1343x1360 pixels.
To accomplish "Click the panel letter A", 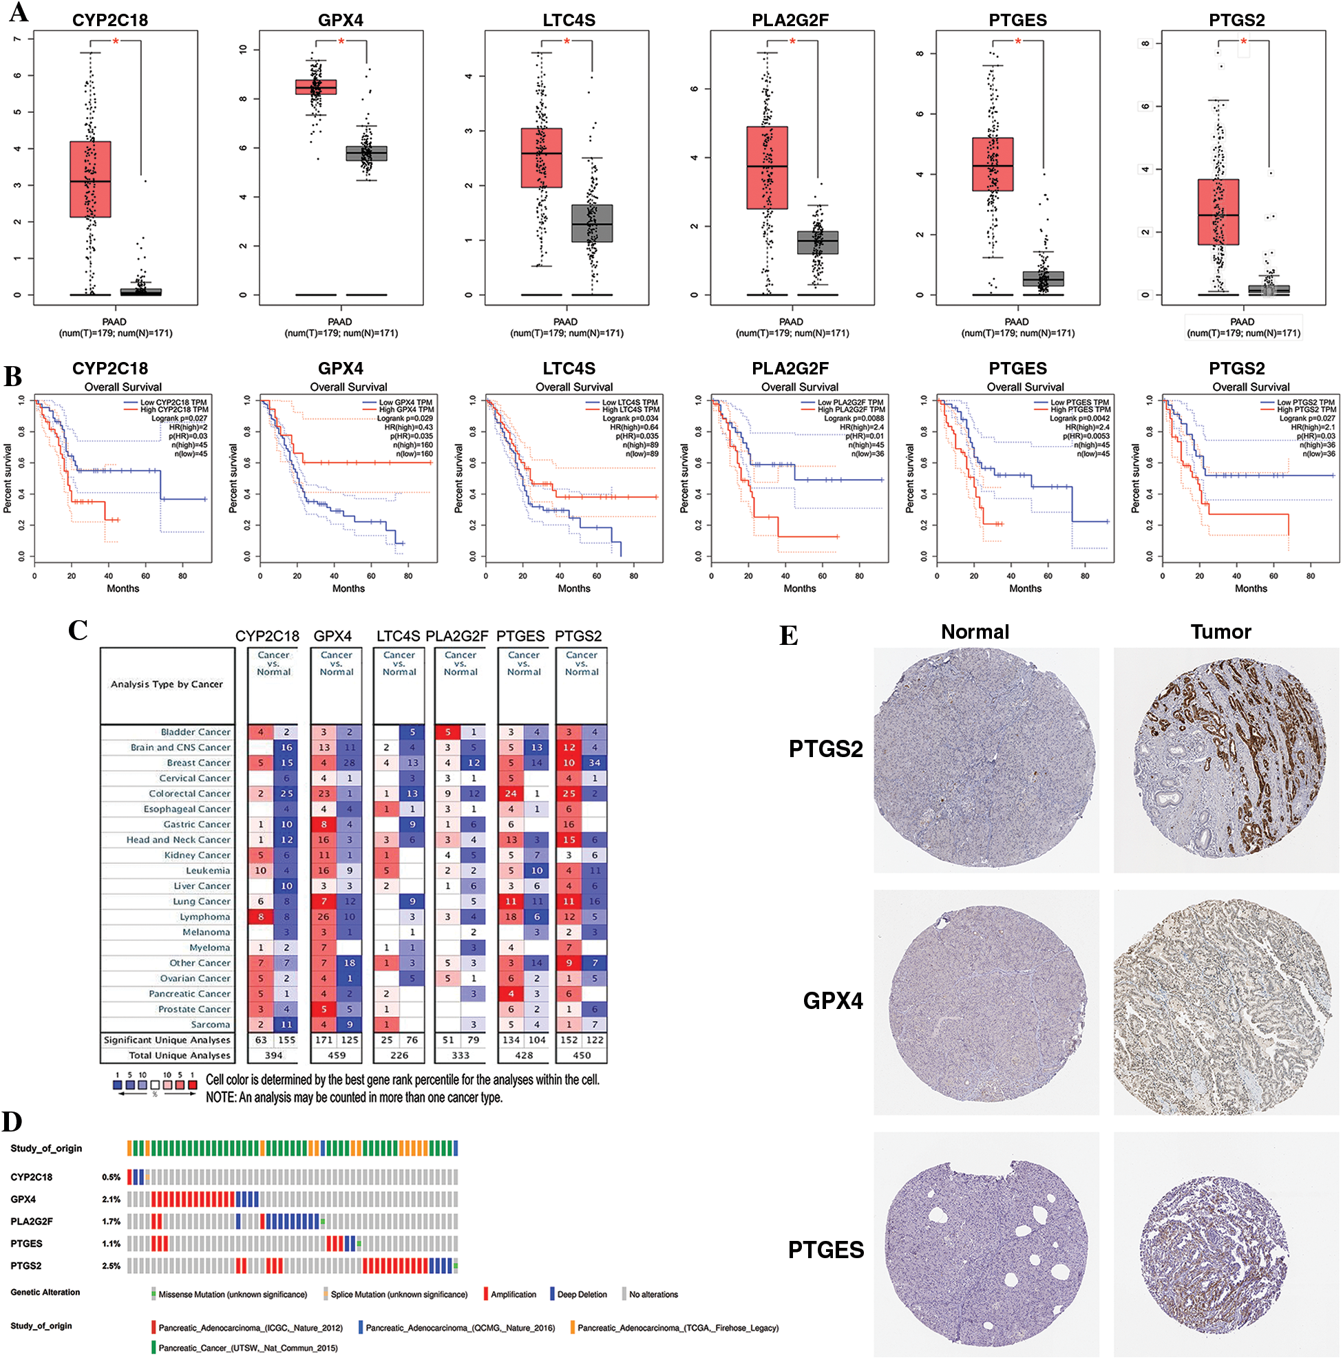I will pyautogui.click(x=19, y=12).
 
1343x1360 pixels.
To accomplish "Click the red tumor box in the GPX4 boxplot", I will pyautogui.click(x=315, y=87).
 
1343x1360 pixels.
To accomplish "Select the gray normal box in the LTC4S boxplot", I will pyautogui.click(x=591, y=223).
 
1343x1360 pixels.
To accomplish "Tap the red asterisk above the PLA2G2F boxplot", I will pyautogui.click(x=792, y=41).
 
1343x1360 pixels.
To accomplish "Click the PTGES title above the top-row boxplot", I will pyautogui.click(x=1017, y=20).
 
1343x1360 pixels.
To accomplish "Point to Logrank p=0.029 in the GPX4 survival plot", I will pyautogui.click(x=405, y=418).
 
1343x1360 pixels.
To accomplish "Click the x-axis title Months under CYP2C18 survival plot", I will pyautogui.click(x=123, y=588).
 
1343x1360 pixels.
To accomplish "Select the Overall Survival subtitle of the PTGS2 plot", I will pyautogui.click(x=1250, y=387).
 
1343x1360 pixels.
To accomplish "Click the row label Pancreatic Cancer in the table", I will pyautogui.click(x=189, y=993).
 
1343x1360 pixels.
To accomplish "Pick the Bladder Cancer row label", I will pyautogui.click(x=195, y=732).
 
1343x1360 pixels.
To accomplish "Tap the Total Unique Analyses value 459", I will pyautogui.click(x=337, y=1055).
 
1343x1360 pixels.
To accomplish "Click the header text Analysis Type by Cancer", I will pyautogui.click(x=166, y=684).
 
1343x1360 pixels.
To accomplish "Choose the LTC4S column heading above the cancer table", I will pyautogui.click(x=398, y=636).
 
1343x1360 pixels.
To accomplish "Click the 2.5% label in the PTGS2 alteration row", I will pyautogui.click(x=112, y=1266).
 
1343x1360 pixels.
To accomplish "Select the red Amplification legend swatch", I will pyautogui.click(x=486, y=1294).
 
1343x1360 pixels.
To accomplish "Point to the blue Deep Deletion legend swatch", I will pyautogui.click(x=553, y=1294).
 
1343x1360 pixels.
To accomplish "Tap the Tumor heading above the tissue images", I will pyautogui.click(x=1220, y=632).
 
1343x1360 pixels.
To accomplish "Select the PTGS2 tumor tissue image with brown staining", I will pyautogui.click(x=1225, y=761).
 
